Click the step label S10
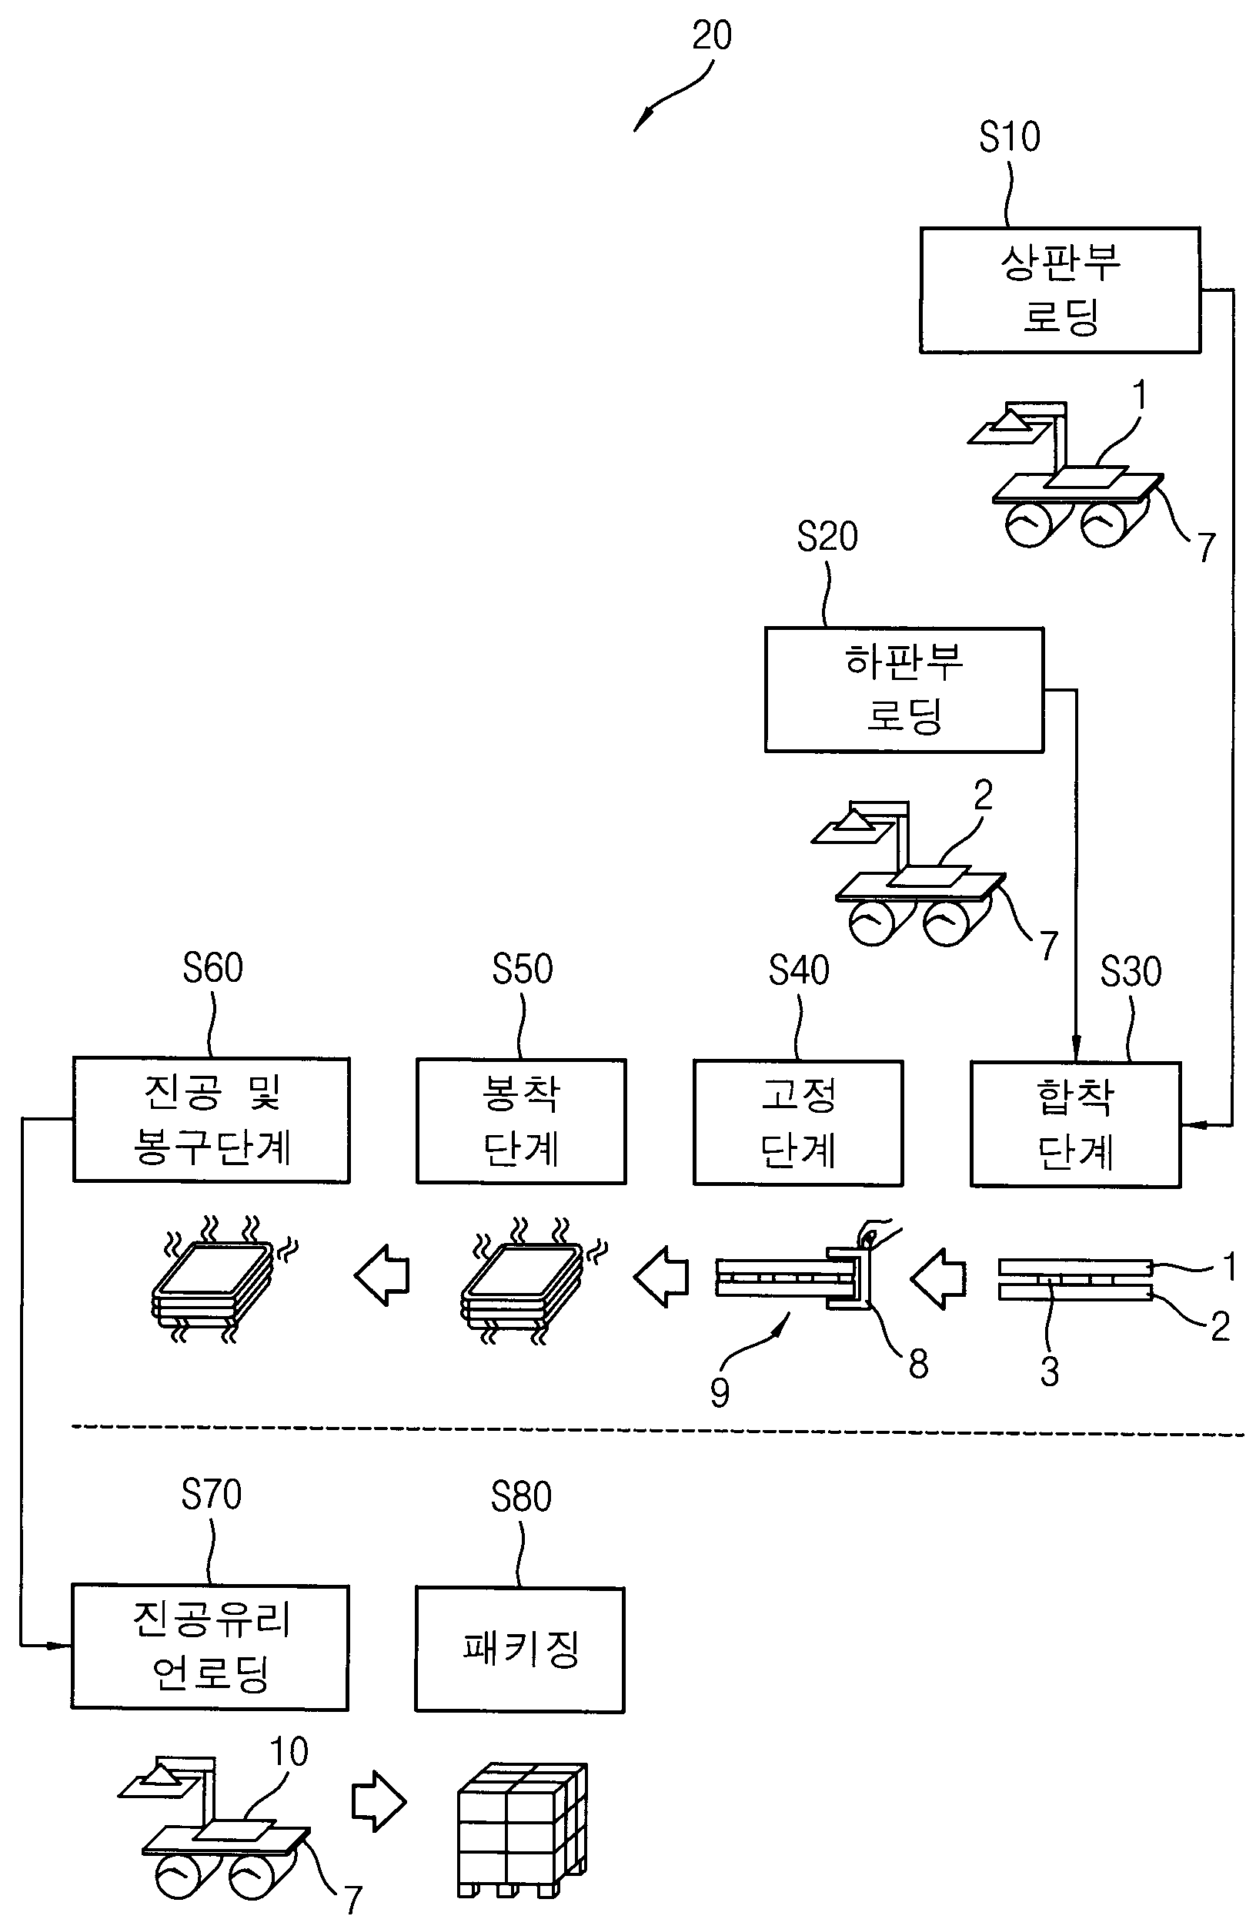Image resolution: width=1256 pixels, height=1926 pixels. [1008, 137]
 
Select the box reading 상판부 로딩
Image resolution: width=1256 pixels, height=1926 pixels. [1060, 290]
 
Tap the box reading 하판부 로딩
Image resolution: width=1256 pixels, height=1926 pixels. [904, 689]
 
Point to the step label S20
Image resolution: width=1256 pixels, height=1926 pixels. [827, 537]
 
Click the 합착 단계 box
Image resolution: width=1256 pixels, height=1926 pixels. [1075, 1124]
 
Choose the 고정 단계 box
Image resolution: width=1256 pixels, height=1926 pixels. [797, 1123]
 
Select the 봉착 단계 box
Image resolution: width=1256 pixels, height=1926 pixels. [521, 1120]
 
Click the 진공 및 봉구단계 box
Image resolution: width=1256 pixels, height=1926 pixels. [211, 1119]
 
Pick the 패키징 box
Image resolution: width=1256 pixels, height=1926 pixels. [520, 1650]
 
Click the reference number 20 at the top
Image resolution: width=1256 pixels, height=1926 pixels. [711, 35]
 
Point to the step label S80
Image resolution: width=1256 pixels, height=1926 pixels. [521, 1497]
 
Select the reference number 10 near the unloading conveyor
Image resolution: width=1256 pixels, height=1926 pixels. [289, 1752]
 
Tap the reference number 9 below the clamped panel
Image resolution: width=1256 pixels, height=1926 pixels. [719, 1392]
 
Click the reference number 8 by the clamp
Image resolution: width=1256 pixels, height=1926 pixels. [918, 1364]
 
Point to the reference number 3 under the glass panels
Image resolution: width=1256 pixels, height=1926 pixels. [1049, 1371]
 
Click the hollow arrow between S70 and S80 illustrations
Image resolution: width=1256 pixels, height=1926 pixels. [379, 1802]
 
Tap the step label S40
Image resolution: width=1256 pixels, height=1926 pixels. [798, 970]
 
